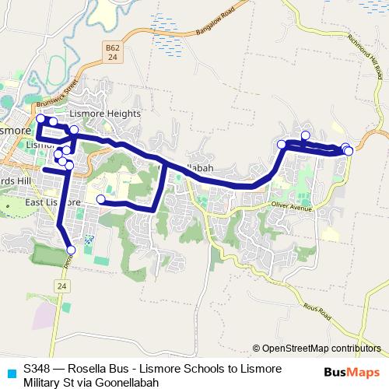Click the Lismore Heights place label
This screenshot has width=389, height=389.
[114, 113]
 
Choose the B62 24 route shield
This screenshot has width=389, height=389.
[113, 53]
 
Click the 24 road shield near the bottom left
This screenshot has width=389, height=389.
[61, 286]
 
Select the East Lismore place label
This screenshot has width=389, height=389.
[53, 202]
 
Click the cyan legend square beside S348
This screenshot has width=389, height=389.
[10, 373]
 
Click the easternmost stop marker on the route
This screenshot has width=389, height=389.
[349, 150]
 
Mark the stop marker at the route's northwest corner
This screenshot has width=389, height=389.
[40, 119]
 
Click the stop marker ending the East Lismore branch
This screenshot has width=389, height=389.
[100, 199]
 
